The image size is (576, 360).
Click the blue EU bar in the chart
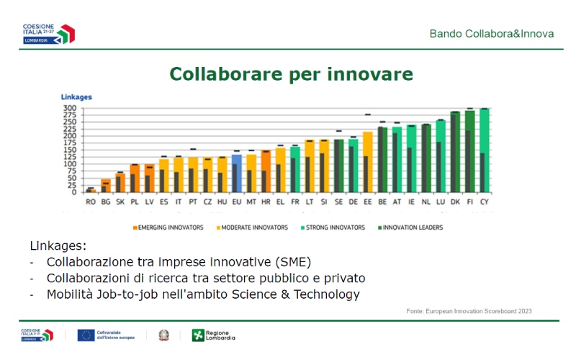point(236,173)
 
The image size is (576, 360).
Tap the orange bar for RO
point(90,190)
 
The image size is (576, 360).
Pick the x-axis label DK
point(455,202)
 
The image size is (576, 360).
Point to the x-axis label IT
point(178,202)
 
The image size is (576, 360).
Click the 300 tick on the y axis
point(69,109)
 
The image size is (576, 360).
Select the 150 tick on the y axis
point(69,150)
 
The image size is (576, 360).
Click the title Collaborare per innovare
point(291,74)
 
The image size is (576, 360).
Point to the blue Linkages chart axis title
point(76,96)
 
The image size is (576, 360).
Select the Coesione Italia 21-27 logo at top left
point(48,33)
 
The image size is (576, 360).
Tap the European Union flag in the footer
point(86,335)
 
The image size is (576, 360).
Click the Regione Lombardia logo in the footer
point(213,335)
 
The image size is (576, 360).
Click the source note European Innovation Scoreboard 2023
point(473,311)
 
